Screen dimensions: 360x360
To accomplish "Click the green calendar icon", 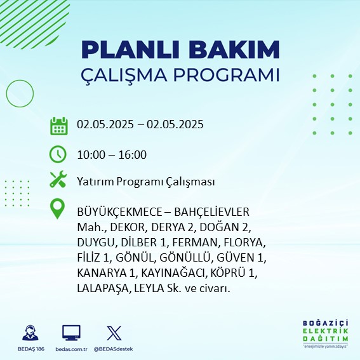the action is (x=59, y=126).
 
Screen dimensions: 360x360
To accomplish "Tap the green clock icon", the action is (x=58, y=154).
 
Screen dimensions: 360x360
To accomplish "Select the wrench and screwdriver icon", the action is (x=58, y=179).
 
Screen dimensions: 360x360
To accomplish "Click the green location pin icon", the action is (x=57, y=208).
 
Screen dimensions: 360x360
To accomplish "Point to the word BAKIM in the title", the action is (x=234, y=50).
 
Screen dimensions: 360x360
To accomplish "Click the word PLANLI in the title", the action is (x=130, y=50).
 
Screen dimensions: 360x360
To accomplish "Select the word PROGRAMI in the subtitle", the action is (x=226, y=75).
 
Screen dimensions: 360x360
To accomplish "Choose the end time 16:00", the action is (x=133, y=154).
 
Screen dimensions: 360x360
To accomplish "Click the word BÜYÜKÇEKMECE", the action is (x=119, y=211).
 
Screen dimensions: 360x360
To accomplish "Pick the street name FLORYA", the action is (x=244, y=243).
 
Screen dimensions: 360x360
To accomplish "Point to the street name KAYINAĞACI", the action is (x=173, y=273).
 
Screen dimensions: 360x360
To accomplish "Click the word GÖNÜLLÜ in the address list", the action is (x=185, y=257).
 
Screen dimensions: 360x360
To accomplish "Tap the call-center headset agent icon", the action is (x=30, y=333).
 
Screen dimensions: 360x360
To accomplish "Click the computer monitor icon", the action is (x=71, y=333).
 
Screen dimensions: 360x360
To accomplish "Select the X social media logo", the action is (x=114, y=333).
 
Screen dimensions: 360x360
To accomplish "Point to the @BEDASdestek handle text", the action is (x=113, y=349).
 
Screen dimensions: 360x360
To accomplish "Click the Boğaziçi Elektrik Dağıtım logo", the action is (x=325, y=334).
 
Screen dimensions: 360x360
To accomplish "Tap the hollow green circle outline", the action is (x=6, y=94).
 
